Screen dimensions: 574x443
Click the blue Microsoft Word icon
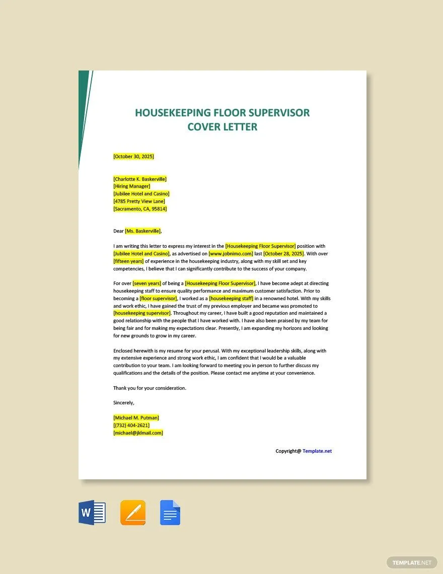(x=92, y=513)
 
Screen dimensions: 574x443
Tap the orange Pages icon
(x=133, y=513)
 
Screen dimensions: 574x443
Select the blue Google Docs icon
(x=170, y=513)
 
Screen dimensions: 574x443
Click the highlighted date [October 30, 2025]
(x=134, y=156)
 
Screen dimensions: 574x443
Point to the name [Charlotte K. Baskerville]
(x=140, y=179)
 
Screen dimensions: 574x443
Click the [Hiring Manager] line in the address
(x=132, y=186)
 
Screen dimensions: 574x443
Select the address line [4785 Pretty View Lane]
(x=139, y=201)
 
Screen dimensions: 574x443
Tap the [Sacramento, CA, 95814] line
(x=140, y=208)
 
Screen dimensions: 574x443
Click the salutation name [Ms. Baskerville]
(x=143, y=231)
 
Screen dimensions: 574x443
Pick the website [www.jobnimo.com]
(x=231, y=254)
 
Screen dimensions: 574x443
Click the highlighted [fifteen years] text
(x=129, y=261)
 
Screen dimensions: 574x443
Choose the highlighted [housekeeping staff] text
(x=232, y=299)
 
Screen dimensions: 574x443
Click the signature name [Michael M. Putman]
(x=136, y=418)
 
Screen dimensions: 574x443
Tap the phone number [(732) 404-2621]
(x=132, y=425)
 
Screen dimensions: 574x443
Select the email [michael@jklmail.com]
(x=138, y=433)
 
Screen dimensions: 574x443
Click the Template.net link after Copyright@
(x=317, y=451)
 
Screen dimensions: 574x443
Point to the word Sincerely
(x=124, y=403)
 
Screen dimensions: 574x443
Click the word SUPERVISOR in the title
(x=271, y=113)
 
